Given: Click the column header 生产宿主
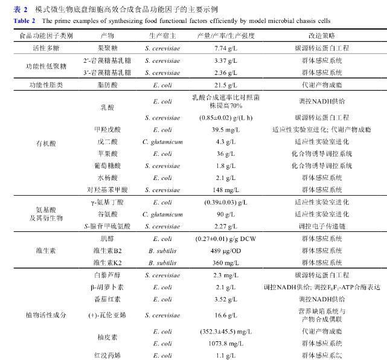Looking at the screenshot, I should coord(162,36).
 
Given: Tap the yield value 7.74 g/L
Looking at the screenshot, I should coord(225,47).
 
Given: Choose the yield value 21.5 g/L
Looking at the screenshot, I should coord(225,86).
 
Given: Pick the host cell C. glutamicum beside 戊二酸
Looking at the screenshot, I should coord(162,141).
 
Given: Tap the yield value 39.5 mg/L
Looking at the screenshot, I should coord(225,130).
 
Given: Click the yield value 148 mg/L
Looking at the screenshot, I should coord(225,189).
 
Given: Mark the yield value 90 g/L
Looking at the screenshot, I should coord(225,214).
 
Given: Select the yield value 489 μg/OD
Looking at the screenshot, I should coord(225,251).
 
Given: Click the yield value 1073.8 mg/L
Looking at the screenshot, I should coord(225,343).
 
